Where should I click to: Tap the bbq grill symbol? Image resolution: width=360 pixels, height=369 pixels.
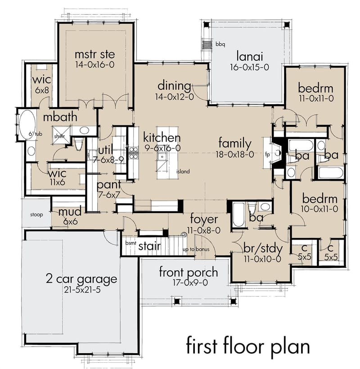207,44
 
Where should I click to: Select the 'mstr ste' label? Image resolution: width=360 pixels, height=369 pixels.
94,54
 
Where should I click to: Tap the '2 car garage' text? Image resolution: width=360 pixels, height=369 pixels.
81,279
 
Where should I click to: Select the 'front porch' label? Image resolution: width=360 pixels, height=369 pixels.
188,272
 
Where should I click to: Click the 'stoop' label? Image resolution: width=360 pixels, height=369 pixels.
36,215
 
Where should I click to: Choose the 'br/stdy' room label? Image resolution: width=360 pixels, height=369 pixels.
263,249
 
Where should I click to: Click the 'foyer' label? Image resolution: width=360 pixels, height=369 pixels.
204,219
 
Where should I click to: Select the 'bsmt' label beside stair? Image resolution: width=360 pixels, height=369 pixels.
131,243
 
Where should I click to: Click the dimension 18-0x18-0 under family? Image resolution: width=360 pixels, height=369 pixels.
234,154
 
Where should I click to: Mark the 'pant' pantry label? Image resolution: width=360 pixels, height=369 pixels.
108,185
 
